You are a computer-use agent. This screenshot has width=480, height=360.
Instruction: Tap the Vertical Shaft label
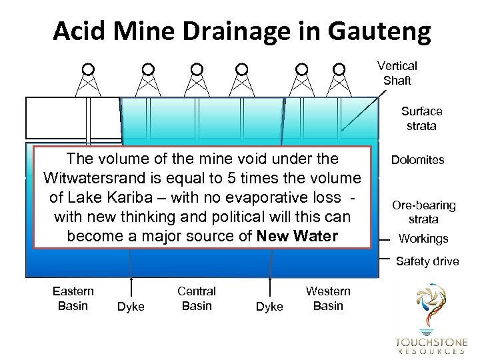point(397,73)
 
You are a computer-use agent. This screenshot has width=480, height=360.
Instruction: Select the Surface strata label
point(421,118)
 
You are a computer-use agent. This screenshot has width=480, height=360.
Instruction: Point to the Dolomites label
point(419,160)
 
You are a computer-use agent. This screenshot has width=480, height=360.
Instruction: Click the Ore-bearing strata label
point(423,212)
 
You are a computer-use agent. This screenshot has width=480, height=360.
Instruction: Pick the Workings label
point(423,239)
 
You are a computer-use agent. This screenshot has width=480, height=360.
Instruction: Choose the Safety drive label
point(427,261)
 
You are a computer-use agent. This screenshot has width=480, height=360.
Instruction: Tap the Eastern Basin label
point(73,298)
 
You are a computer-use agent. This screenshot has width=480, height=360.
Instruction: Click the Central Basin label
point(197,298)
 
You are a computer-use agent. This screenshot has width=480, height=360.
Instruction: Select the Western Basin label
point(328,298)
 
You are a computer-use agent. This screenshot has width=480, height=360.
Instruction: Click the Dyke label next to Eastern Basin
point(131,307)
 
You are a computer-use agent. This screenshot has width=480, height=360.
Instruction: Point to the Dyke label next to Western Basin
point(269,307)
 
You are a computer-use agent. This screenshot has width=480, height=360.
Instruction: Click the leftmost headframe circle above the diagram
point(87,69)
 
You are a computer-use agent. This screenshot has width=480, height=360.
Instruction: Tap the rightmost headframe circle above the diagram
point(339,69)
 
